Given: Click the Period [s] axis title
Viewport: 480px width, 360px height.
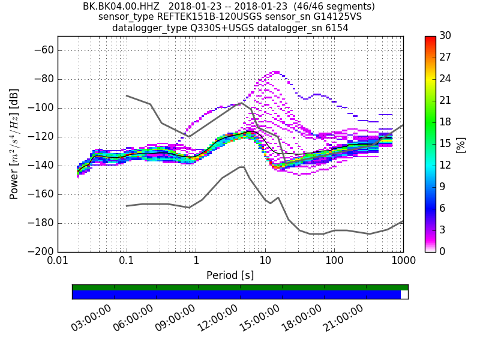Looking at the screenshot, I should pos(230,275).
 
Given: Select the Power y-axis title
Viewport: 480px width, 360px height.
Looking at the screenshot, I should pos(14,144).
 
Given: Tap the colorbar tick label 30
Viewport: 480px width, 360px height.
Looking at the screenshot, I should pos(445,36).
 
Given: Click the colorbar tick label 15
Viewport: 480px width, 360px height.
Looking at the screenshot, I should pos(445,144).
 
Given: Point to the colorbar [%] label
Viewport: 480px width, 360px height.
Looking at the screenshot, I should pos(461,144).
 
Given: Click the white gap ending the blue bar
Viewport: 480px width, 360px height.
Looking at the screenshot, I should pos(404,295).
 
